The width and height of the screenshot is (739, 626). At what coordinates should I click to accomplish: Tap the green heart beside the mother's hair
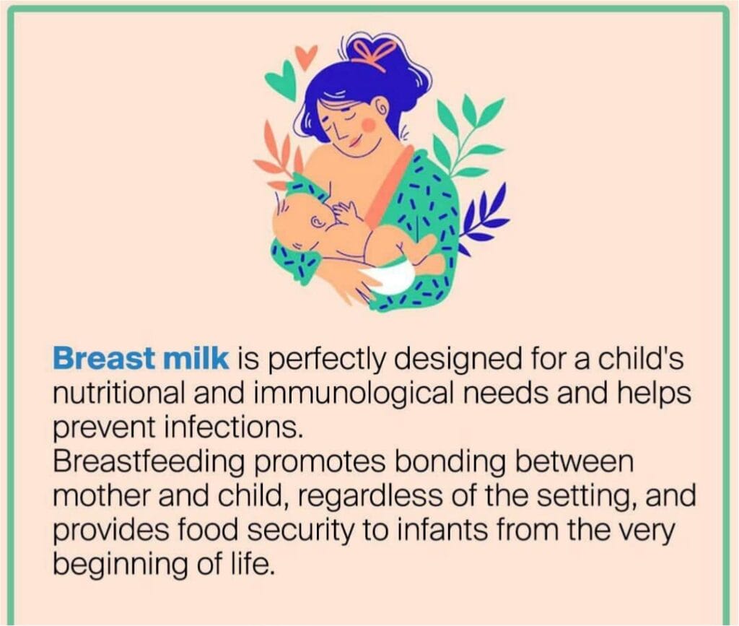coord(282,81)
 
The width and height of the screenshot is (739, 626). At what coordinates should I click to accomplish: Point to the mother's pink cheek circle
coord(369,124)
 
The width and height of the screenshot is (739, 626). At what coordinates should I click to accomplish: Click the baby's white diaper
coord(389,278)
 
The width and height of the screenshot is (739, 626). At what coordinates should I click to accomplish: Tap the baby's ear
coord(317,221)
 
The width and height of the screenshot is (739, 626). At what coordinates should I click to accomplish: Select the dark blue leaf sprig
coord(486,217)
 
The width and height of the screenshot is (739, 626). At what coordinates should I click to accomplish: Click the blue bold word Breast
coord(103,359)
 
